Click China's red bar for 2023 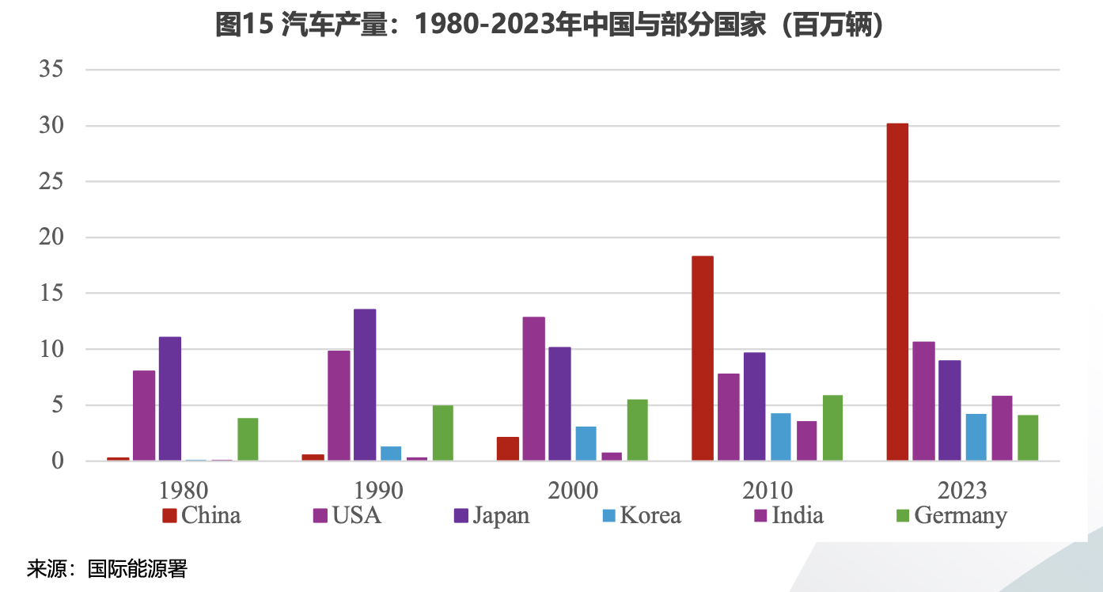pos(897,292)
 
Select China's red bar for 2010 pos(703,358)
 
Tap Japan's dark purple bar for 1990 pos(365,385)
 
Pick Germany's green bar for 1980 pos(248,439)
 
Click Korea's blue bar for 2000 pos(586,443)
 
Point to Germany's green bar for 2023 pos(1028,438)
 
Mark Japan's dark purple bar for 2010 pos(755,406)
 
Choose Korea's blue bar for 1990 pos(391,453)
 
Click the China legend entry pos(202,516)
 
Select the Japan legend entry pos(491,516)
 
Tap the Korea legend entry pos(641,516)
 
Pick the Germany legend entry pos(951,516)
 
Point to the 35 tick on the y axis pos(51,70)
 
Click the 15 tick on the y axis pos(51,294)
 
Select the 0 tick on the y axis pos(57,461)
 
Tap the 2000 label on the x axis pos(573,490)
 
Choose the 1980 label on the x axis pos(184,490)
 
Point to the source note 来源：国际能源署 pos(107,569)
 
